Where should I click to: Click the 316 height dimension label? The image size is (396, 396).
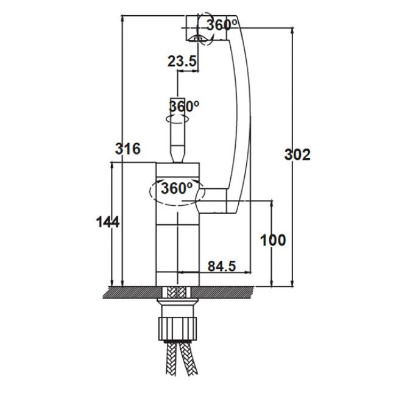pos(127,149)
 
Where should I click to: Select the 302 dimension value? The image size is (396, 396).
pos(297,155)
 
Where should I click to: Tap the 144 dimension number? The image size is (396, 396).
pos(108,222)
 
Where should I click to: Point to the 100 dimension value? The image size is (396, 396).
pos(273,240)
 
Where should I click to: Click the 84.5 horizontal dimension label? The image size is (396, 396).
pos(222,266)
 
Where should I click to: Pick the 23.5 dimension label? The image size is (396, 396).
pos(182,61)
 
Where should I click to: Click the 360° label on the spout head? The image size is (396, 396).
pos(222,24)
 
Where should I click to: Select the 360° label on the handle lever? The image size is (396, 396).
pos(184,106)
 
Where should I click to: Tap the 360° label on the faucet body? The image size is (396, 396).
pos(177,188)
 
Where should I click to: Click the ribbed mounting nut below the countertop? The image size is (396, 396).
pos(178,328)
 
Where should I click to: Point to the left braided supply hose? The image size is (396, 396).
pos(171,359)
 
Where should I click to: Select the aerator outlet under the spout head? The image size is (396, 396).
pos(198,38)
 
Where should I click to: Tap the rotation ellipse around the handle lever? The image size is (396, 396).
pos(177,119)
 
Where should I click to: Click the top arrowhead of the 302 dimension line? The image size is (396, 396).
pos(292,31)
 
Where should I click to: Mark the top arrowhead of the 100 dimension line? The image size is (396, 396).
pos(272,204)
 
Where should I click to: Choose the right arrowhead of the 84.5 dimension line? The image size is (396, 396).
pos(248,272)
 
